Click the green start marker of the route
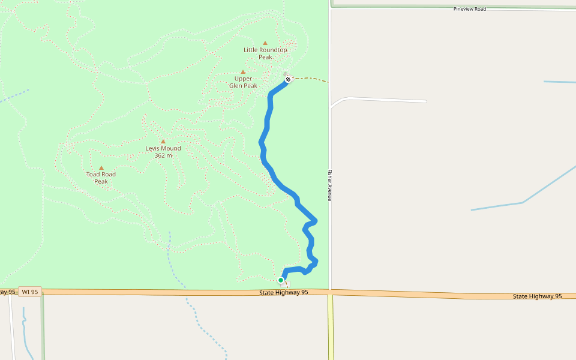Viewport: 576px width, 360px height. [281, 280]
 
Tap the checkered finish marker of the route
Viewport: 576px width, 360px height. [288, 79]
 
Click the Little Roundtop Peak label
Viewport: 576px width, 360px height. [265, 53]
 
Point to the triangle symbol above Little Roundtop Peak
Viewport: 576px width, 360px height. [265, 43]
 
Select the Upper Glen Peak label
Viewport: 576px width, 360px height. [243, 82]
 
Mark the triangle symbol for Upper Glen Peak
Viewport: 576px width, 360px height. [243, 72]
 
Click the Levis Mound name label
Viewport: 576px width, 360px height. [163, 148]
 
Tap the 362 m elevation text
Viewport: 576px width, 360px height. [163, 155]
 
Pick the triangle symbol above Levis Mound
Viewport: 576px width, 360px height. [163, 142]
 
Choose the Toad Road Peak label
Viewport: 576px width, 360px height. [101, 178]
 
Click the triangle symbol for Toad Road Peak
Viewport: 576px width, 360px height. [101, 168]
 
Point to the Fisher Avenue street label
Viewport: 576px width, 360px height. [329, 185]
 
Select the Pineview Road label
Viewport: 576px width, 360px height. [470, 9]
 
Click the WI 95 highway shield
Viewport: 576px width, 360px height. [29, 292]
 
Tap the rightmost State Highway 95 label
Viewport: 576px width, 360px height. [538, 296]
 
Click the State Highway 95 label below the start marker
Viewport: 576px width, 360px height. [284, 292]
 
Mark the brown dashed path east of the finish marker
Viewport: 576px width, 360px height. [312, 79]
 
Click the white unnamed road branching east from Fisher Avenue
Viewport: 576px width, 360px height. [384, 100]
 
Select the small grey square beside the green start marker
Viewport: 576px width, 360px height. [287, 284]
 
